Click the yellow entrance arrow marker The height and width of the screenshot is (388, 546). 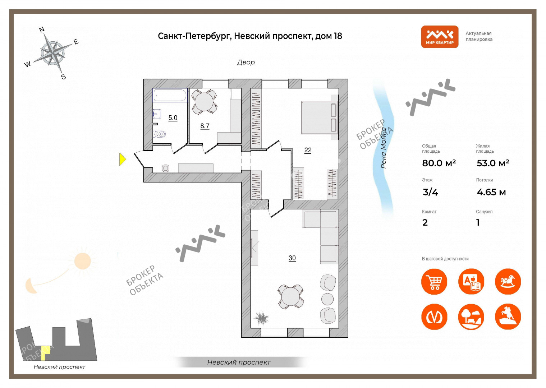tap(122, 159)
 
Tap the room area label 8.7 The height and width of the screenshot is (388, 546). tap(205, 126)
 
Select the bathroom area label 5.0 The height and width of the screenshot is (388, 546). tap(173, 118)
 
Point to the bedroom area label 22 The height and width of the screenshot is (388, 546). tap(308, 150)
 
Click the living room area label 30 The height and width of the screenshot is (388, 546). tap(292, 258)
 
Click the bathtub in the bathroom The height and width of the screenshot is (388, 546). tap(170, 95)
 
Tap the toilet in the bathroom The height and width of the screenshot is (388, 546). tap(159, 134)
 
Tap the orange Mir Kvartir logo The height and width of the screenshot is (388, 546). tap(440, 37)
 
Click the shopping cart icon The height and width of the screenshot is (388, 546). tap(434, 282)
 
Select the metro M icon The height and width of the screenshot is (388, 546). tap(434, 317)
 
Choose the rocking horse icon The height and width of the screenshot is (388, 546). tap(508, 282)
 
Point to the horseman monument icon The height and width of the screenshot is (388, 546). tap(508, 317)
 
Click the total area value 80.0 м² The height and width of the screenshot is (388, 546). tap(439, 163)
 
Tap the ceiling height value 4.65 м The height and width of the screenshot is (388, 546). tap(491, 192)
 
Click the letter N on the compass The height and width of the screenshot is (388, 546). tap(42, 30)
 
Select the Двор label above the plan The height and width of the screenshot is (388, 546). tap(246, 63)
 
